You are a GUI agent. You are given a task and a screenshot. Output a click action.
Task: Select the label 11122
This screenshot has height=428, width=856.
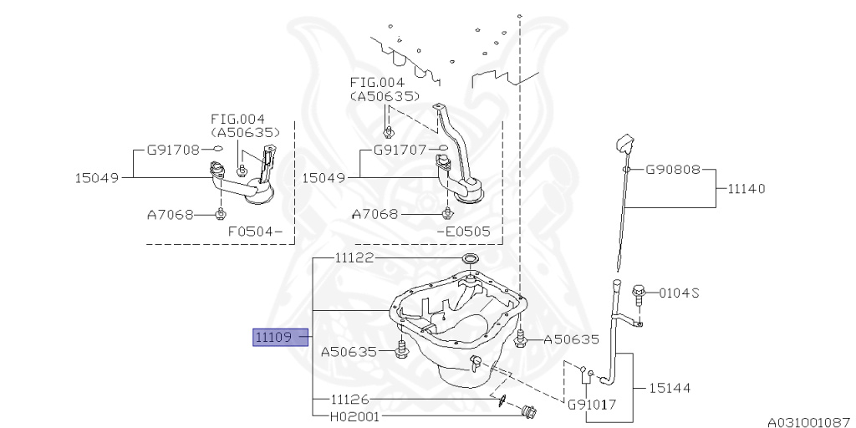coord(354,259)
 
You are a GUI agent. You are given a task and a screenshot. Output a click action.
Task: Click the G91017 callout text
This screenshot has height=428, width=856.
coord(592,405)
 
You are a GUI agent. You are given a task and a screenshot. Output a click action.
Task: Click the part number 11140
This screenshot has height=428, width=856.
coord(746,189)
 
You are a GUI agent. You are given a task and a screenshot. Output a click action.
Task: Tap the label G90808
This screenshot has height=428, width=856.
coord(672,169)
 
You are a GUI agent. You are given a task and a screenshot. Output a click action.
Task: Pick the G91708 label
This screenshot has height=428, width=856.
coord(173,150)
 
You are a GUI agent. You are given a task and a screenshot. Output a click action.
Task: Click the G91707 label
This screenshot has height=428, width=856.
coord(400,150)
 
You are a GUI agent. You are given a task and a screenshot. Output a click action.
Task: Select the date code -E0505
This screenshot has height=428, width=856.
coord(463,232)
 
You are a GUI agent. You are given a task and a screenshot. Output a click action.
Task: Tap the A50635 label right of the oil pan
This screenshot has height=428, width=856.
coord(572,339)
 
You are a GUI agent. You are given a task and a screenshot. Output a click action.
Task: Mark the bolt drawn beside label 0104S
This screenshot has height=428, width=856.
coord(639,292)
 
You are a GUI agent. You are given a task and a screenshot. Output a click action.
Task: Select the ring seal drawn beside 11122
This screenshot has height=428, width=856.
coord(470,259)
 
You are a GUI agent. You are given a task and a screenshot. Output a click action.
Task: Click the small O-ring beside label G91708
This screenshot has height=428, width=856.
coord(217,150)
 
